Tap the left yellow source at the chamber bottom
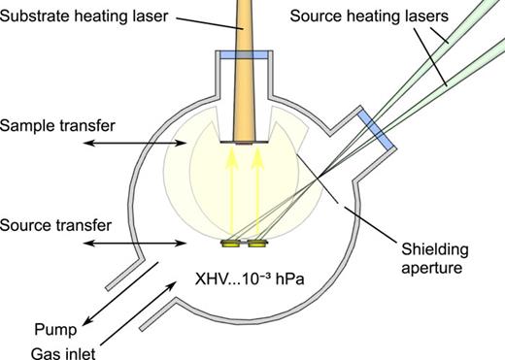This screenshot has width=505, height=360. [233, 243]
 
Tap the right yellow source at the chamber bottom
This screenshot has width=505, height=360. [257, 243]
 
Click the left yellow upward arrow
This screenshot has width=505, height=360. [232, 194]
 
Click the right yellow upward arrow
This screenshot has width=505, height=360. [257, 194]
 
